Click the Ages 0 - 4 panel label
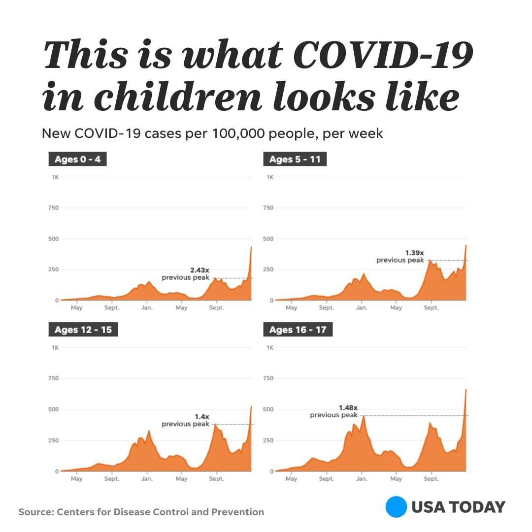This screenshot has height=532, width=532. pyautogui.click(x=77, y=160)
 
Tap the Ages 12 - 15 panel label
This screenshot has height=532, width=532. pyautogui.click(x=83, y=330)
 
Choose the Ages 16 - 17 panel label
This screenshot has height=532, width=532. pyautogui.click(x=298, y=330)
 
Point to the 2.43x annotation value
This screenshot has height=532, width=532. pyautogui.click(x=199, y=270)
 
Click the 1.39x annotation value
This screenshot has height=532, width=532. pyautogui.click(x=414, y=252)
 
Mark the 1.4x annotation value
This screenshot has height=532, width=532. pyautogui.click(x=202, y=416)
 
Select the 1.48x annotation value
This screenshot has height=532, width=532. pyautogui.click(x=348, y=407)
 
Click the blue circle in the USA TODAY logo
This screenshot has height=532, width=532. pyautogui.click(x=396, y=507)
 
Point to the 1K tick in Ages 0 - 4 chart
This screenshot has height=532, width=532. pyautogui.click(x=55, y=177)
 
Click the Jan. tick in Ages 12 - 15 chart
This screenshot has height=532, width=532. pyautogui.click(x=147, y=479)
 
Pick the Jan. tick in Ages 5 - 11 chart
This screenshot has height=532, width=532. pyautogui.click(x=361, y=308)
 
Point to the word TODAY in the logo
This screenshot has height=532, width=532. pyautogui.click(x=478, y=507)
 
